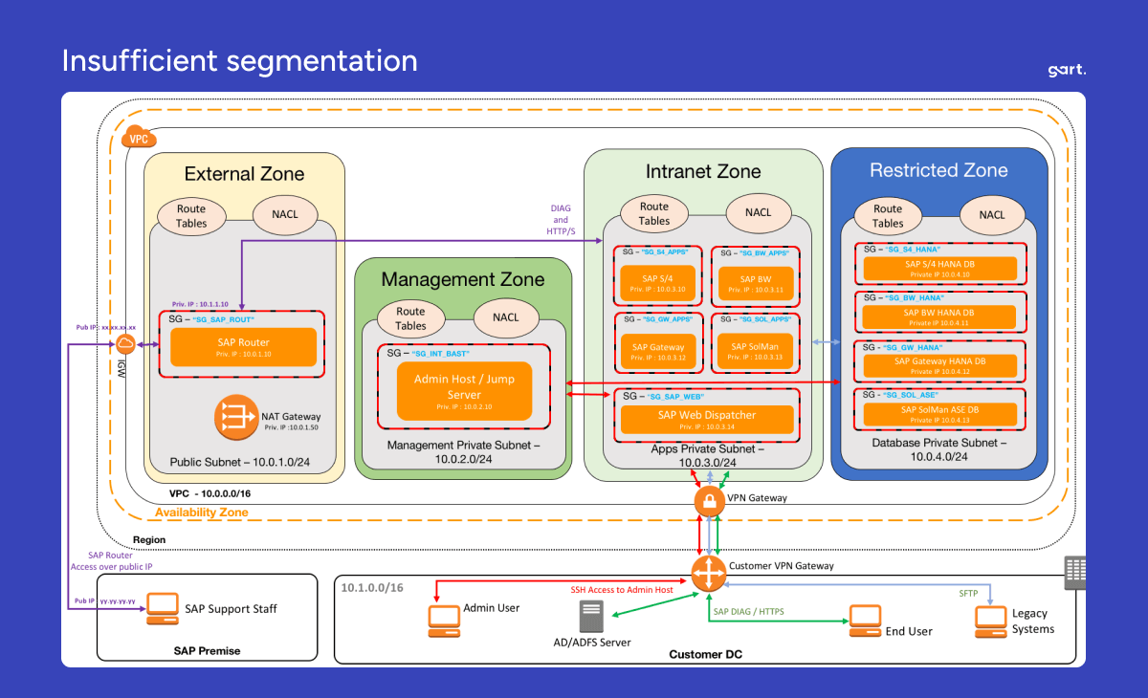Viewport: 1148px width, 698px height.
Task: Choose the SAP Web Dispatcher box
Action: tap(707, 419)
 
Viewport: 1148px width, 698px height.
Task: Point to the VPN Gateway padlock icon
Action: tap(709, 502)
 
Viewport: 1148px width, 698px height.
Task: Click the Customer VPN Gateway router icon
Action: tap(709, 572)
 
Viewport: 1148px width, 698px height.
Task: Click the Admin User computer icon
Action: tap(443, 621)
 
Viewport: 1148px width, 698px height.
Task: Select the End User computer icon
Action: tap(865, 621)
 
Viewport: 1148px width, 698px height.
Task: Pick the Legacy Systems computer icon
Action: tap(990, 621)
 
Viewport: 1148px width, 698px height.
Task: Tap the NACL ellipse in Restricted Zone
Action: tap(992, 215)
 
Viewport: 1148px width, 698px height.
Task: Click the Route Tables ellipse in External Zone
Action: tap(190, 215)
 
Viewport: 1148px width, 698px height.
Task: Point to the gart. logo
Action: tap(1068, 70)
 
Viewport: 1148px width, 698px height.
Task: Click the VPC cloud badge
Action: tap(140, 138)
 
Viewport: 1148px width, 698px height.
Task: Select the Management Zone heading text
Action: tap(463, 279)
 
